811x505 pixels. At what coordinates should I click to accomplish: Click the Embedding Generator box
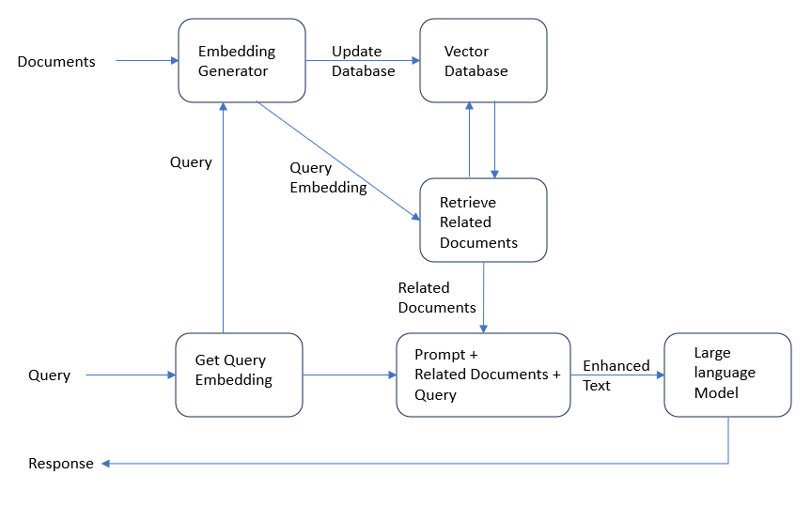242,61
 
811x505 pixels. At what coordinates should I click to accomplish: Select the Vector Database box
483,61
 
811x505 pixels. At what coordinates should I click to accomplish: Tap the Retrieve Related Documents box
483,221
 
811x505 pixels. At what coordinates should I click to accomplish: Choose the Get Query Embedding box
239,374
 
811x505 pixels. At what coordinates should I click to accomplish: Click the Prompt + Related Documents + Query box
483,374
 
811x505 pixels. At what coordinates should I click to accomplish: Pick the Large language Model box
727,374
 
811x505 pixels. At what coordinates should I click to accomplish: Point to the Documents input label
56,62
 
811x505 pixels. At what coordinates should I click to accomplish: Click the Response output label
61,464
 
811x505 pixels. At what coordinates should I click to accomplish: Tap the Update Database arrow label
363,61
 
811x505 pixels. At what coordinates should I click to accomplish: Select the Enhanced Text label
616,375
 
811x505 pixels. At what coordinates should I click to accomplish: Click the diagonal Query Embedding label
328,177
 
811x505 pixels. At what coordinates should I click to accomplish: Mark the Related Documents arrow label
437,298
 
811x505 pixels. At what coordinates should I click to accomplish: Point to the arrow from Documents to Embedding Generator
147,61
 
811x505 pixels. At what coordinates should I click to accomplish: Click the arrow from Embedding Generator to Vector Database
363,61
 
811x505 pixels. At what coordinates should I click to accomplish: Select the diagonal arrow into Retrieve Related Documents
338,161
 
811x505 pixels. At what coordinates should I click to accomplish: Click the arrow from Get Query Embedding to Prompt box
349,375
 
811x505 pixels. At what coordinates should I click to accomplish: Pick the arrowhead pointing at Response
106,464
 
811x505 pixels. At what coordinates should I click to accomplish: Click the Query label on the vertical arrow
191,162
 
